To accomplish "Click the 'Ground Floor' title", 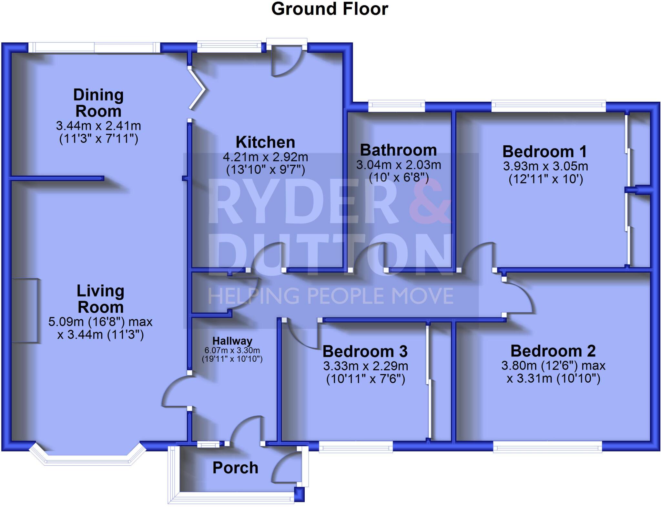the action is click(x=330, y=9).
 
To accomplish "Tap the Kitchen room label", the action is click(x=265, y=142).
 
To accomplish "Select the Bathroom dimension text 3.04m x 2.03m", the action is click(x=399, y=165).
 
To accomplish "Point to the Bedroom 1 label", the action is click(x=544, y=151).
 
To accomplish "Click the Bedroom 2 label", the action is click(x=553, y=351).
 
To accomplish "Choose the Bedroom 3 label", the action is click(x=365, y=351).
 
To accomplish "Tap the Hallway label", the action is click(x=232, y=341).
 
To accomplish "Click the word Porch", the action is click(x=235, y=468).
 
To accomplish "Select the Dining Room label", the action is click(x=98, y=103).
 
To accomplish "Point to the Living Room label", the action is click(x=100, y=299).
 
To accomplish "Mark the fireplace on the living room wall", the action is click(x=25, y=310).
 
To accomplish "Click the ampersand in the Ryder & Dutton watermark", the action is click(x=431, y=202).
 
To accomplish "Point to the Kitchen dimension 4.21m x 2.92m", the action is click(x=265, y=157).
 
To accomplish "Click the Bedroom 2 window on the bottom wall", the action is click(x=547, y=448).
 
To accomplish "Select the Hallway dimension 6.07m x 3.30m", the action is click(x=232, y=350).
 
